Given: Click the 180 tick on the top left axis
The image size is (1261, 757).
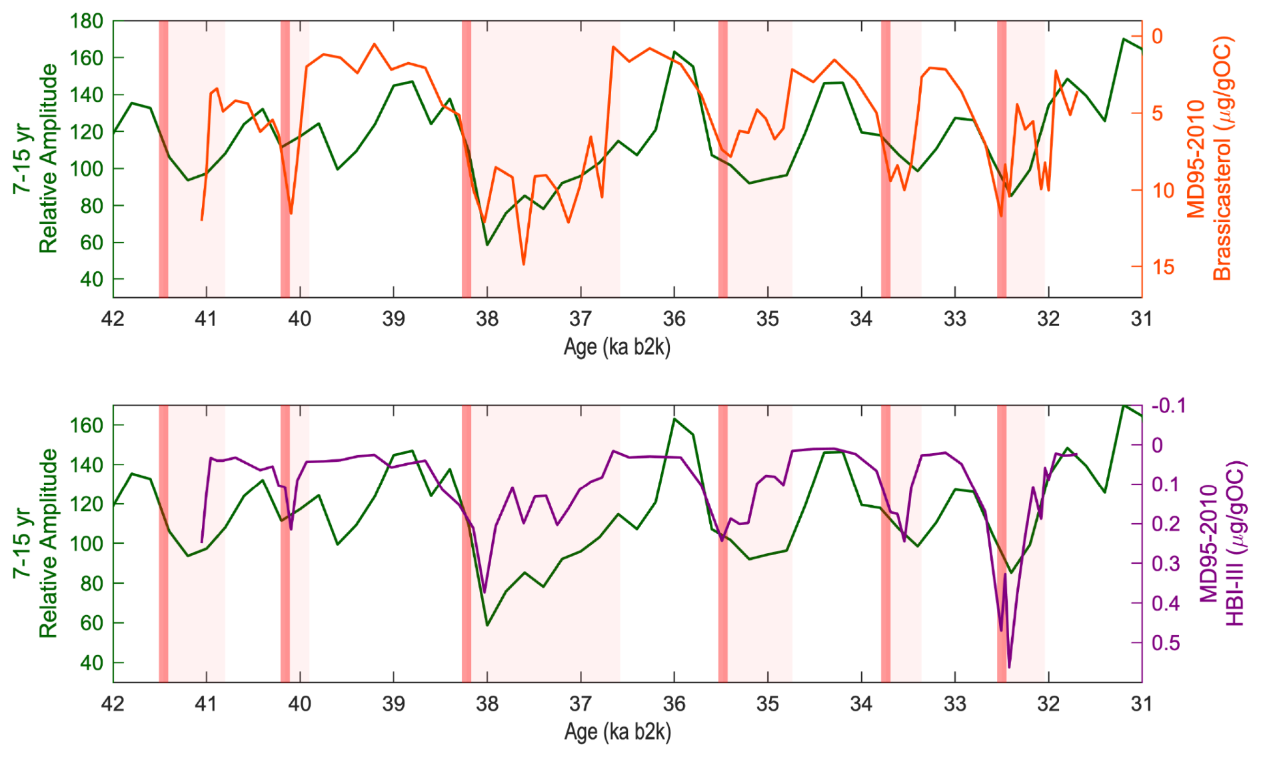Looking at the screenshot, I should [87, 21].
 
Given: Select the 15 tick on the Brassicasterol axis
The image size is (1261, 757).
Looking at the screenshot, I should [1162, 267].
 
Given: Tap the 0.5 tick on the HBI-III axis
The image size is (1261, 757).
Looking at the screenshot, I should [1166, 643].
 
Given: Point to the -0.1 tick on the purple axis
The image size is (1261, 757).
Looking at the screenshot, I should [1168, 406].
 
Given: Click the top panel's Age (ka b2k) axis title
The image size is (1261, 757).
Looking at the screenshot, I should [617, 347].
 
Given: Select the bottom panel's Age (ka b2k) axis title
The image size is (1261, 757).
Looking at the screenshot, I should [617, 732].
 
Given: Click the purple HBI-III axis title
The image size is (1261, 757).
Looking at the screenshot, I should [1222, 543].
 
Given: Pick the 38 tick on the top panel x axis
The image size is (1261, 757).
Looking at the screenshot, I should [487, 319].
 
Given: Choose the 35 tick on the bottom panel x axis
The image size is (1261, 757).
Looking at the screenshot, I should [768, 704].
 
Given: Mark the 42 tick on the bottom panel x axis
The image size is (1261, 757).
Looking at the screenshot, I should [113, 704].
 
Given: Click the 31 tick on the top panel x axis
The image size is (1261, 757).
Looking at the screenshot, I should [1142, 319].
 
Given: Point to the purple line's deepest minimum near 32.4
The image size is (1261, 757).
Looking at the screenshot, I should [1009, 666].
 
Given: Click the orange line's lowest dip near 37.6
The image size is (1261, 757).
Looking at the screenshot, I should [524, 264].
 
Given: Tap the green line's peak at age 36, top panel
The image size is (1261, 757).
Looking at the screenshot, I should [674, 51].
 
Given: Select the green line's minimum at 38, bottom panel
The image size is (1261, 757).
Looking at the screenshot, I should [487, 625].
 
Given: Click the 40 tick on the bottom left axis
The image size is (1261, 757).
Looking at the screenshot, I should [91, 663].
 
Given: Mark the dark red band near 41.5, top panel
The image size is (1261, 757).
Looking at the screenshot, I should [163, 159].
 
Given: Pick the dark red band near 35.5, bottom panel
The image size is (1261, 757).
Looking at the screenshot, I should [722, 543].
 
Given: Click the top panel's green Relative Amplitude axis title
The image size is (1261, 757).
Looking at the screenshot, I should [36, 159].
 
